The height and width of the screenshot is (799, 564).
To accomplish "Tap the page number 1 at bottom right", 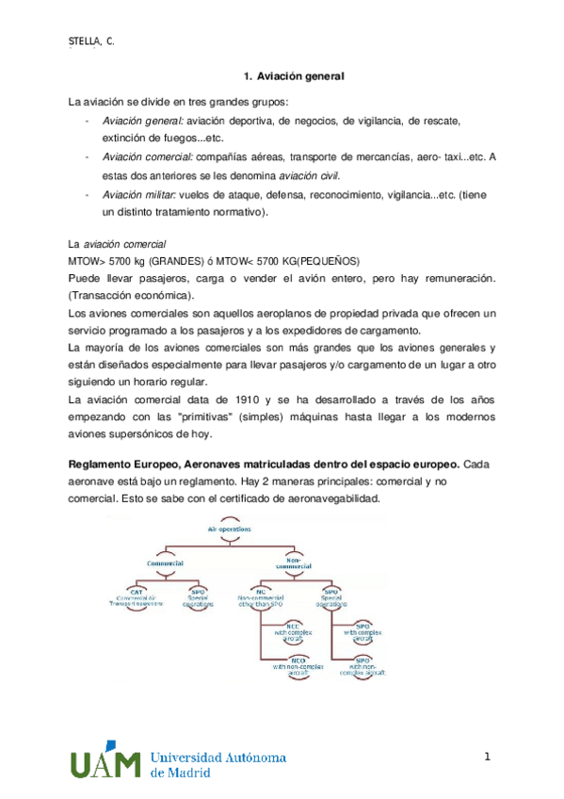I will pos(489,757).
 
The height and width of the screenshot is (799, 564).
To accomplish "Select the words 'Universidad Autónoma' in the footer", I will pos(218,757).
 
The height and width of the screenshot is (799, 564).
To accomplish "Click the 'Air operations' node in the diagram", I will pos(230,530).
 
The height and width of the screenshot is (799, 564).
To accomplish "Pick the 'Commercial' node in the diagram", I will pos(165,563).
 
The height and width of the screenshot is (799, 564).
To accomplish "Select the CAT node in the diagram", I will pos(137,597).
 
